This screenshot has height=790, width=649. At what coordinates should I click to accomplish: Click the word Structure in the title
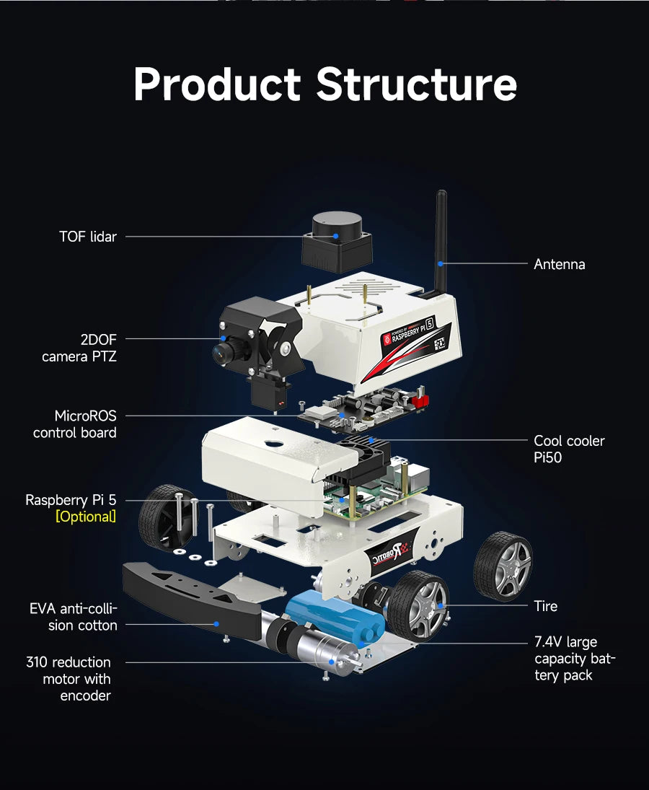(416, 84)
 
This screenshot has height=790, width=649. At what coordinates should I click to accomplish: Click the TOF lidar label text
(87, 237)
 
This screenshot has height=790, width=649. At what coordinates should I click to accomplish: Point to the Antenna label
(559, 264)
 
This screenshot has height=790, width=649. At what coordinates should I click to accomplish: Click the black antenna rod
(441, 238)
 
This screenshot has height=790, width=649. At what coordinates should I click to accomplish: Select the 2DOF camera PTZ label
(79, 348)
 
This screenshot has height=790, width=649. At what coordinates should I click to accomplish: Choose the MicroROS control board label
(75, 424)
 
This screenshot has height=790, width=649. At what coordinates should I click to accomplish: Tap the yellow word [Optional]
(86, 517)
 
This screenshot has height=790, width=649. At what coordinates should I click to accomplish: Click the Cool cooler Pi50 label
(568, 449)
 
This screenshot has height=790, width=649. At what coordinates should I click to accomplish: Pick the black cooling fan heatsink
(366, 455)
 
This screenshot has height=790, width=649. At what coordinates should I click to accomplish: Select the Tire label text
(545, 606)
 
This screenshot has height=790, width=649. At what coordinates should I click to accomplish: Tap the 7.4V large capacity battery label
(575, 659)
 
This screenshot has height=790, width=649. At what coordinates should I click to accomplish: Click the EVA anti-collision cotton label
(74, 617)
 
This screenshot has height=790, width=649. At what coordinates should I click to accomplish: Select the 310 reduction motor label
(69, 679)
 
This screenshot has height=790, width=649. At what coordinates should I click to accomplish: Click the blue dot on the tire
(440, 605)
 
